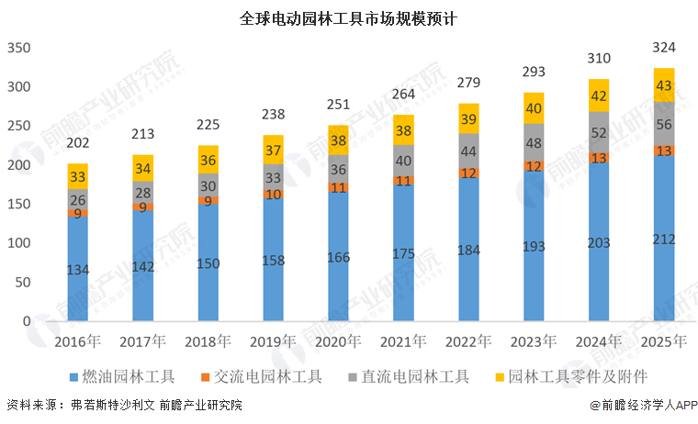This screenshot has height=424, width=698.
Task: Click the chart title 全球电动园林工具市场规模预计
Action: point(348,17)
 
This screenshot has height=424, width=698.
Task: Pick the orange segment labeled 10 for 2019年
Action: point(273,194)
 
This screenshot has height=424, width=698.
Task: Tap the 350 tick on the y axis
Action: point(19,49)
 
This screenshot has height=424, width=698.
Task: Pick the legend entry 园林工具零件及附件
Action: point(570,377)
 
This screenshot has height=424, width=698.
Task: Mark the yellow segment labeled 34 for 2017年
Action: point(142,168)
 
